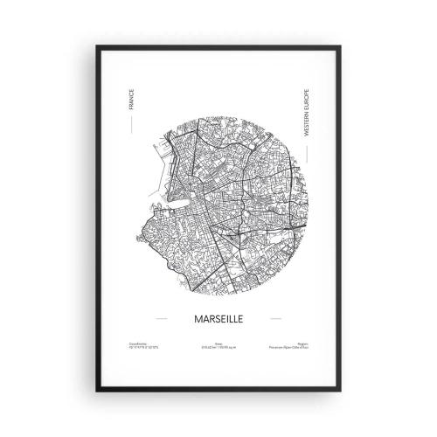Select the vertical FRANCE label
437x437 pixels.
click(128, 100)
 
